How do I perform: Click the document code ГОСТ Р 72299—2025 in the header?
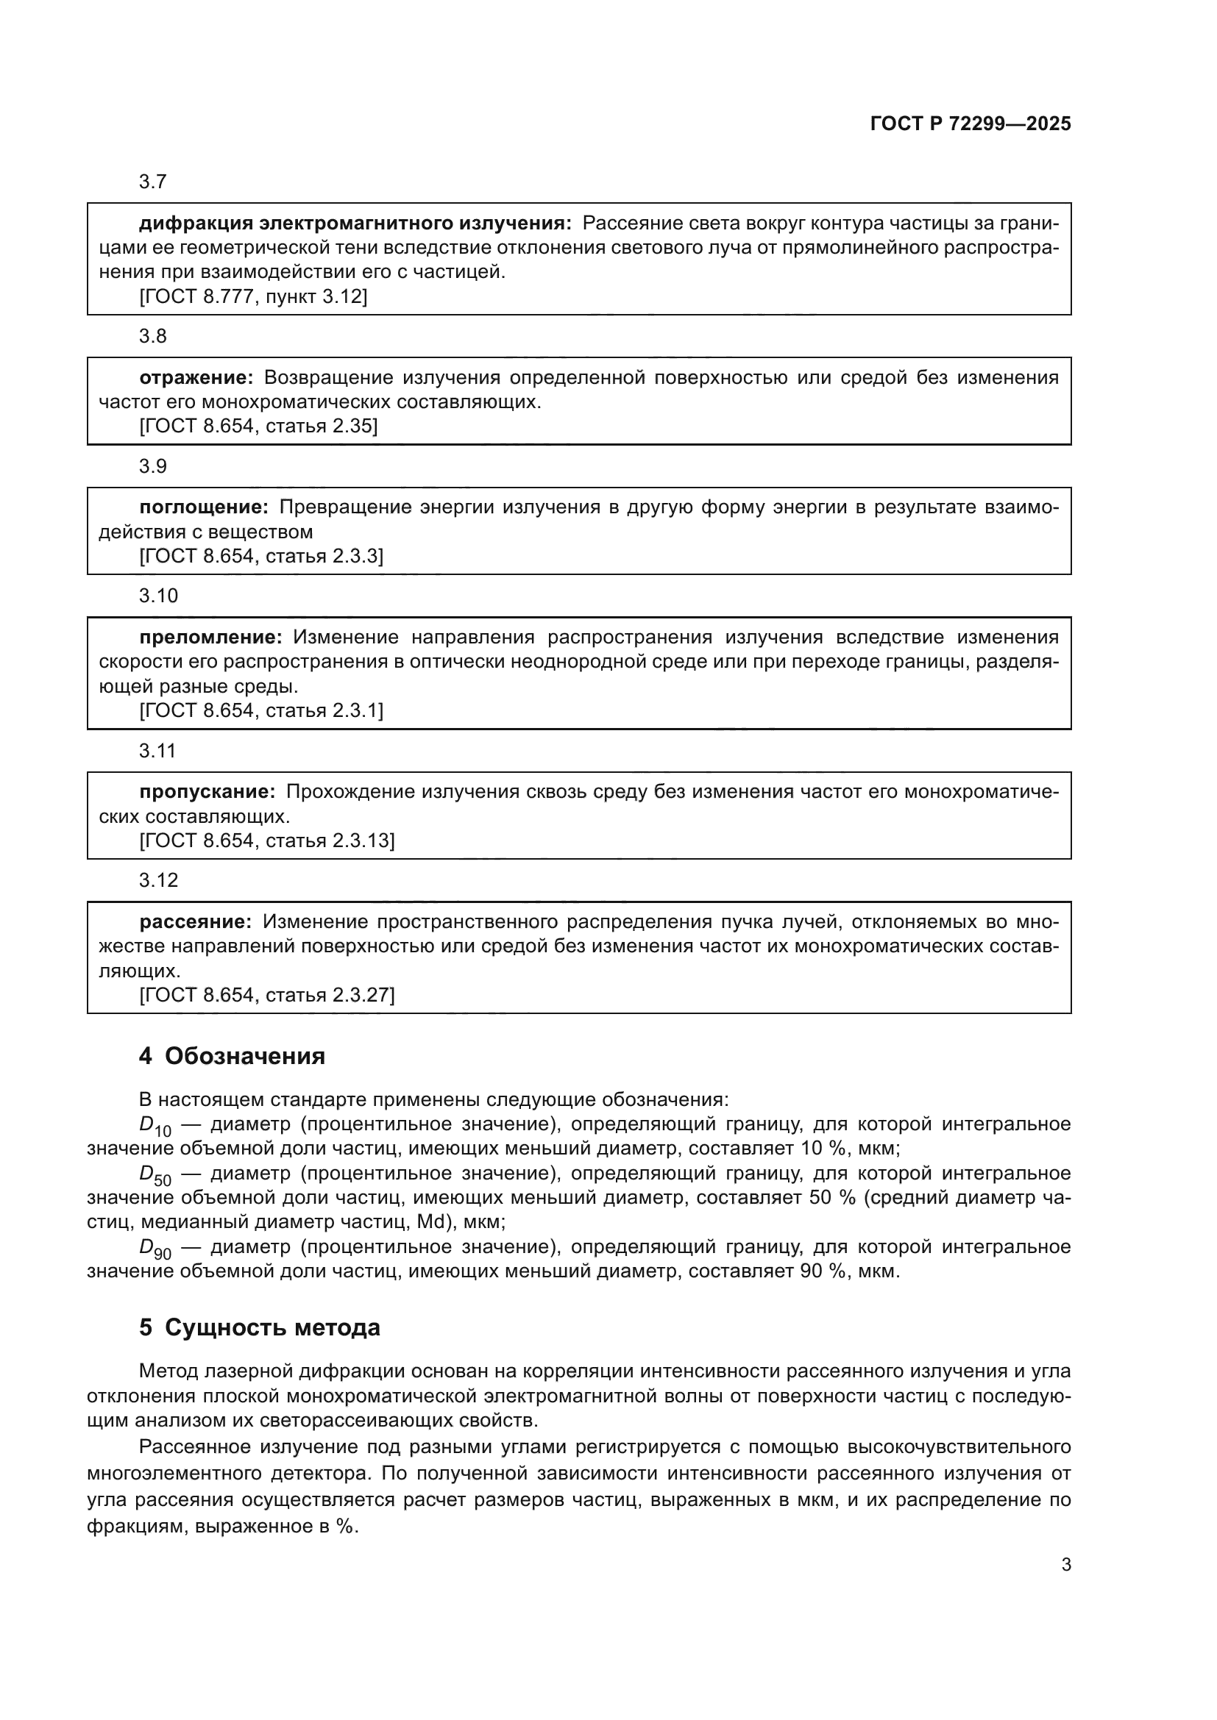pos(971,124)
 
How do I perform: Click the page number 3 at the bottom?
pos(1065,1564)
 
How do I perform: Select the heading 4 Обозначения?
pos(232,1055)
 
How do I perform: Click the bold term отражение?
pos(196,377)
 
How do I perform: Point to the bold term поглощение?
pos(203,507)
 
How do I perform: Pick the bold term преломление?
pos(210,637)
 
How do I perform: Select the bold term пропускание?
pos(207,791)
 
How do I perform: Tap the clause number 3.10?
pos(158,596)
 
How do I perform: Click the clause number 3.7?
pos(152,182)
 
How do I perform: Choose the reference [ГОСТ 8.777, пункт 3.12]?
pos(253,296)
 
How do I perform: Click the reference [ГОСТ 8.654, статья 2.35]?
pos(258,427)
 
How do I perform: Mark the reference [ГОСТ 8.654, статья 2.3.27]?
pos(267,995)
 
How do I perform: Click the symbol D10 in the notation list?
pos(155,1126)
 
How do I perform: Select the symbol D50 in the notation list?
pos(155,1174)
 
